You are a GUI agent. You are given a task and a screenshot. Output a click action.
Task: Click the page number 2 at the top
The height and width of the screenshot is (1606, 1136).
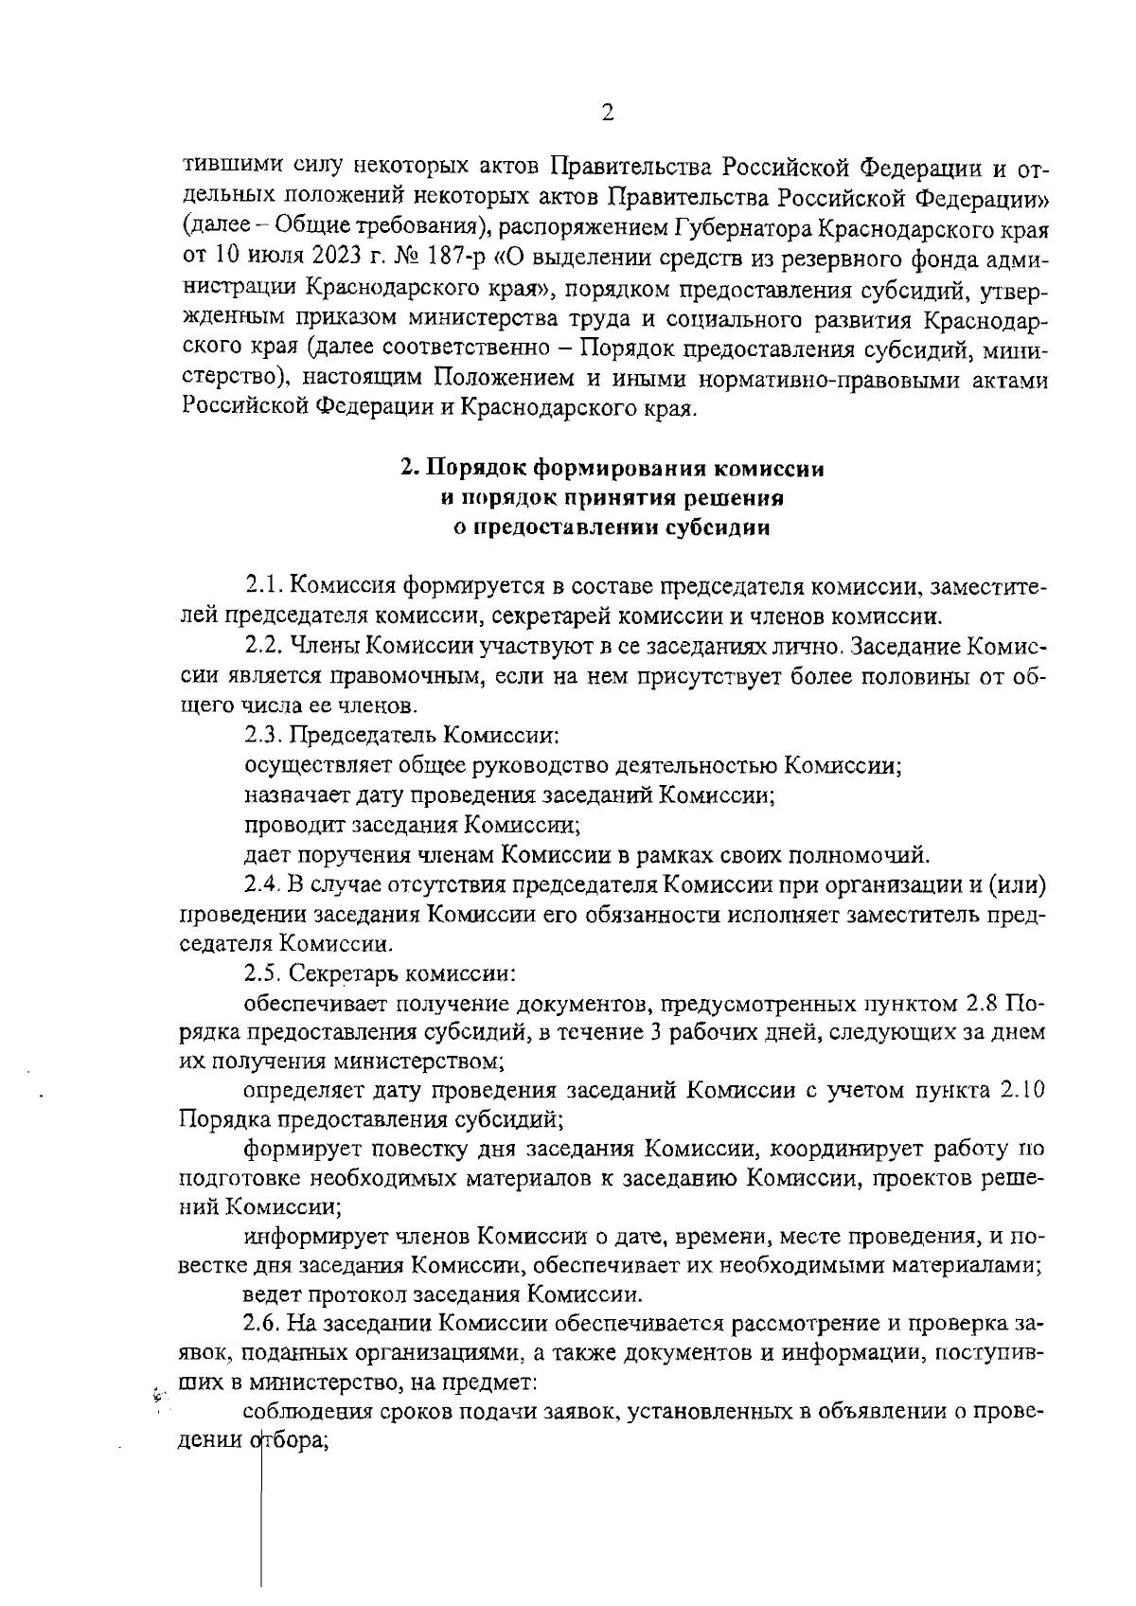(608, 113)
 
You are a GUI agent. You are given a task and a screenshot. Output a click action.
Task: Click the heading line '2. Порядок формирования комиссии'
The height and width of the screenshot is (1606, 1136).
(612, 469)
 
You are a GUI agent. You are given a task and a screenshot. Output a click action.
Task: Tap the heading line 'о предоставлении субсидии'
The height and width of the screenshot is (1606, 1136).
(612, 527)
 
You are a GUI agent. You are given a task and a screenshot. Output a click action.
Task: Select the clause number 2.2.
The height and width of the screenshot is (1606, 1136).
(263, 647)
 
